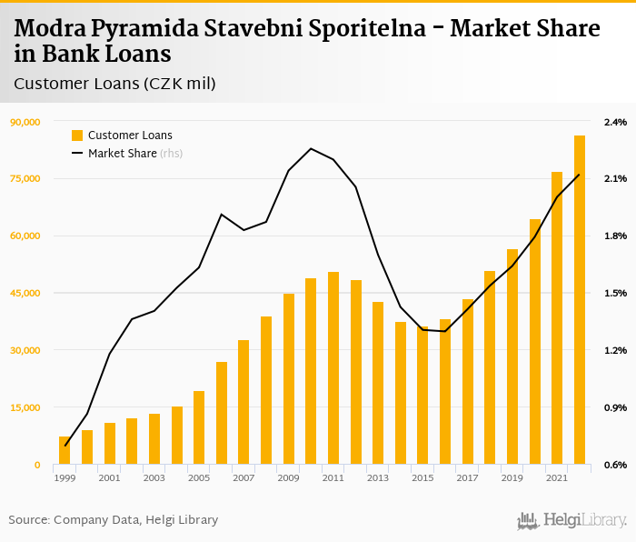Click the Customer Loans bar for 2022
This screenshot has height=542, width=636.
click(579, 300)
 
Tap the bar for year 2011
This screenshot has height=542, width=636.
click(333, 368)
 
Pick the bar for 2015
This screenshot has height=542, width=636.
click(422, 396)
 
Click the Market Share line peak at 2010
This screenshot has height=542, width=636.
click(311, 148)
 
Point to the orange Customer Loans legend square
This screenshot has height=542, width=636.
click(77, 135)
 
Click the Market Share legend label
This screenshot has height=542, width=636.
click(122, 154)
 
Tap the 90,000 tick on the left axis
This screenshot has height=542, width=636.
click(25, 122)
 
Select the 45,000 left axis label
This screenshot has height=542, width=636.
click(25, 293)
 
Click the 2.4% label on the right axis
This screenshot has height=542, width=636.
click(615, 122)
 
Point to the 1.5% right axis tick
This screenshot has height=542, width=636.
click(615, 293)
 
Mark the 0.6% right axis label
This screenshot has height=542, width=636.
click(615, 465)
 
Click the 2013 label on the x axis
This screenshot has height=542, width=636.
click(378, 477)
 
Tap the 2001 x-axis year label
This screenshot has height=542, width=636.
click(109, 477)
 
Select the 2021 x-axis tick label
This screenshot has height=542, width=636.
click(557, 477)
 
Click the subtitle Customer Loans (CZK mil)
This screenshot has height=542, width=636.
click(114, 84)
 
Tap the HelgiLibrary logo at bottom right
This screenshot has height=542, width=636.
click(572, 520)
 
